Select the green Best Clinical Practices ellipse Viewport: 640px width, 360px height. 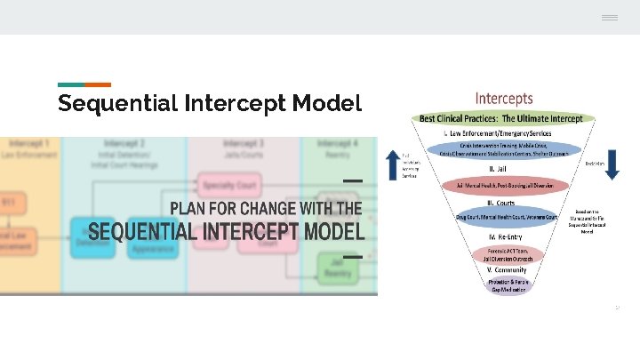coord(501,118)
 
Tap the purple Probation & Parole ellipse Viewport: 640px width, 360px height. coord(504,284)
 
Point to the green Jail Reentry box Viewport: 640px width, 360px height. coord(338,268)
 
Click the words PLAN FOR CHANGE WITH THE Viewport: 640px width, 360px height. coord(266,209)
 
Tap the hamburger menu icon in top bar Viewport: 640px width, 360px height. coord(609,18)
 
